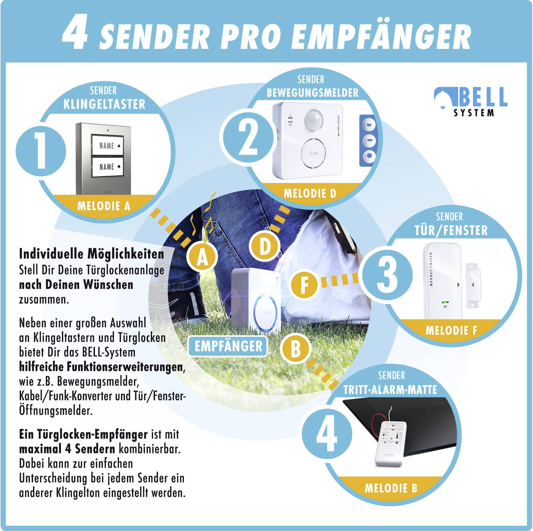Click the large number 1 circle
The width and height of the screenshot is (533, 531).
41,151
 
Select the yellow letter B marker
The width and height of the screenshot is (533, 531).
295,350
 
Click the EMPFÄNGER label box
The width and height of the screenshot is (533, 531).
228,346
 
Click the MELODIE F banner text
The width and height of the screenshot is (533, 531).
451,330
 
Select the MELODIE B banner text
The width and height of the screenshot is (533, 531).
391,488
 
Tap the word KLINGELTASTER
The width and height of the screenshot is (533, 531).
104,105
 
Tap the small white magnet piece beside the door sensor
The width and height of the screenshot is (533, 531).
472,285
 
